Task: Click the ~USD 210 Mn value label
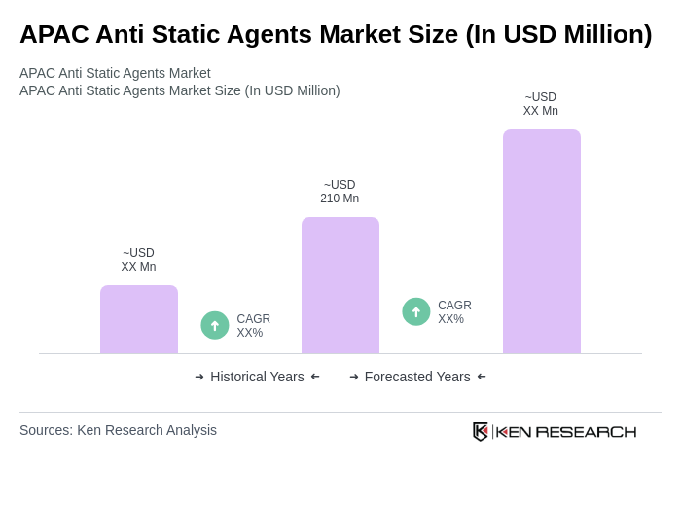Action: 340,192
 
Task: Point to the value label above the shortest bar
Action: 138,260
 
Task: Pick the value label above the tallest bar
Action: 541,104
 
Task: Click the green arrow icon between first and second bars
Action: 215,325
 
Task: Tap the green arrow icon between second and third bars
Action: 416,311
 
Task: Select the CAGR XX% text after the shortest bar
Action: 253,326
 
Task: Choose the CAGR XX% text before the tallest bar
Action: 454,312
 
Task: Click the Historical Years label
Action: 257,377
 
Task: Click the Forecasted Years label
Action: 417,377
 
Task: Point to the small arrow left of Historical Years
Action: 199,377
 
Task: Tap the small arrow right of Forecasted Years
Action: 482,377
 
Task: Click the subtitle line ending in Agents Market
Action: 115,73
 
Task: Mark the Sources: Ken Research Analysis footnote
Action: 118,430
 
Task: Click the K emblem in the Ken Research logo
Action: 481,431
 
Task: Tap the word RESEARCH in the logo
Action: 586,431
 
